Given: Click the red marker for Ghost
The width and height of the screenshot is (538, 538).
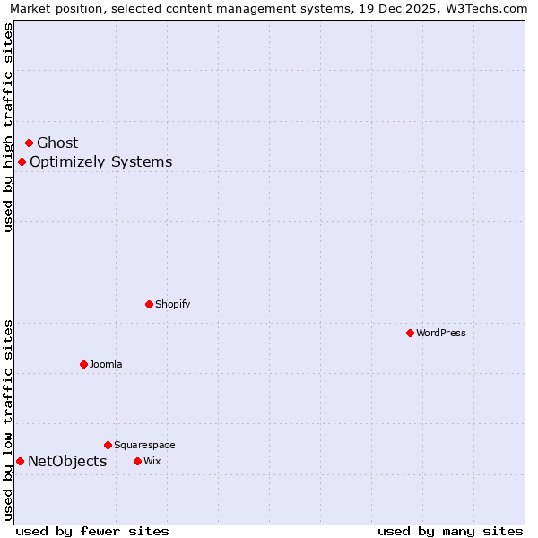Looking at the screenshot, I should click(29, 143).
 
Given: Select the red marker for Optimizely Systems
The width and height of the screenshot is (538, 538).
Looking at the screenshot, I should click(22, 161).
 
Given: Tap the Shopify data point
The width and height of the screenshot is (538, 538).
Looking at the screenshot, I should click(149, 304).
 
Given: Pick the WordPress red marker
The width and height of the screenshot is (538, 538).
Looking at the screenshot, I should click(410, 333).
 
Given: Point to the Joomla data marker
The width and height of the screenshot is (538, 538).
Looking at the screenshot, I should click(83, 364).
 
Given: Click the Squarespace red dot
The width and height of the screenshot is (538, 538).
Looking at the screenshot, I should click(108, 445).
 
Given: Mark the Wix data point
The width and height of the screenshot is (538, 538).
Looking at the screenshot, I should click(137, 461).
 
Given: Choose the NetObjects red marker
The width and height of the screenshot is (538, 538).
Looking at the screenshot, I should click(20, 461).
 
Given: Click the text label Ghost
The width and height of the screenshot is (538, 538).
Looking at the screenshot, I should click(57, 143).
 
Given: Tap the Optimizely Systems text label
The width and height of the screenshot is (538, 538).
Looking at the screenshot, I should click(100, 162).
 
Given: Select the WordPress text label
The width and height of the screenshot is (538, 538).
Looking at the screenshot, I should click(441, 333).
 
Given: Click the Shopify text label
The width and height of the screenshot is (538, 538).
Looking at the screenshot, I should click(173, 304).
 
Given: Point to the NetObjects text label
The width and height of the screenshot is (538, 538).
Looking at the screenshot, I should click(67, 462).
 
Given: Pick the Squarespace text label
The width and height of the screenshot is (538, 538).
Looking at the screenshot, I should click(144, 445).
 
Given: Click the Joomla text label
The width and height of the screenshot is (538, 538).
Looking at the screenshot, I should click(106, 364).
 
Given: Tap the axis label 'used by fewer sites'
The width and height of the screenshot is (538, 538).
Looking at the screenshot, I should click(92, 531).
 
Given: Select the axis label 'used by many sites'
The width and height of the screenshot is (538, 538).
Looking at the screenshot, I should click(450, 531).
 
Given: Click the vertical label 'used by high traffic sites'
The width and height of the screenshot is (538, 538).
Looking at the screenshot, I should click(8, 127).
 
